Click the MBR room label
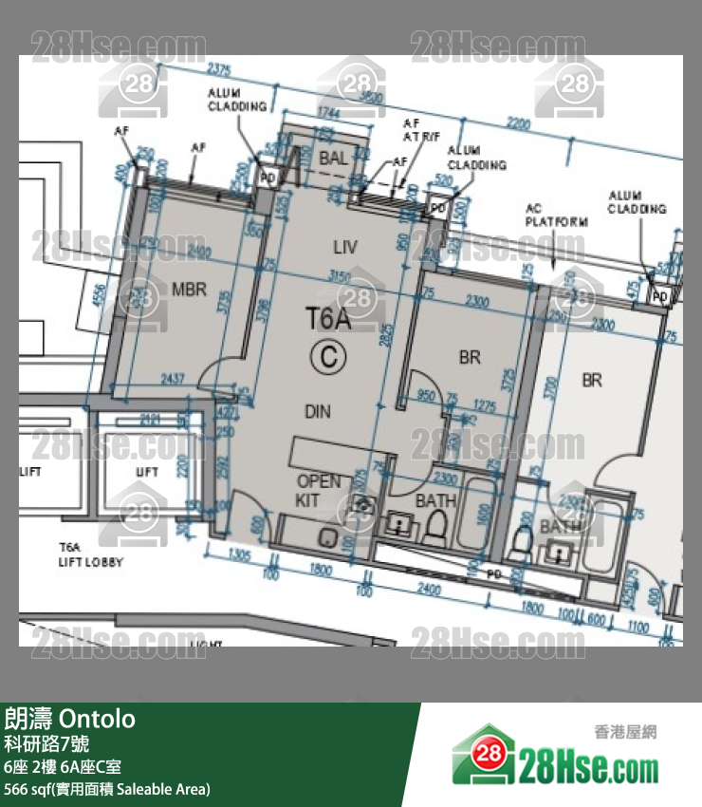tap(190, 290)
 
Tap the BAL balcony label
tap(333, 159)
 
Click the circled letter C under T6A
tap(328, 355)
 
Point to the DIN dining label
tap(318, 411)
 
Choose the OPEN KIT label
tap(318, 490)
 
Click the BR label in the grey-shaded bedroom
tap(470, 357)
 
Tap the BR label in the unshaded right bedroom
tap(592, 380)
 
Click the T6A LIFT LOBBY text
tap(91, 555)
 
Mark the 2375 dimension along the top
tap(219, 67)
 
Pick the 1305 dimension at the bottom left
tap(238, 554)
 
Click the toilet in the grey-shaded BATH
tap(436, 524)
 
